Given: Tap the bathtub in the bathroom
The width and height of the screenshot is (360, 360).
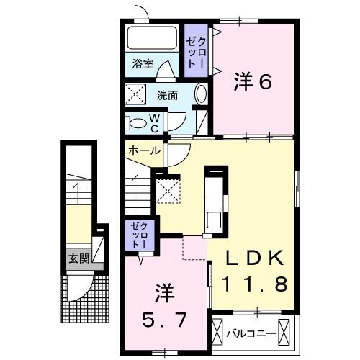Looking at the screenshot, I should coord(152,38).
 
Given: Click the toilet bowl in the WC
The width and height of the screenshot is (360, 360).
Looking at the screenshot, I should coord(137,122).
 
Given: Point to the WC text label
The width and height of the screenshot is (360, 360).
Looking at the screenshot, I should coord(154,122).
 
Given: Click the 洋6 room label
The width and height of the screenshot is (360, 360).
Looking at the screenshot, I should coord(251,83).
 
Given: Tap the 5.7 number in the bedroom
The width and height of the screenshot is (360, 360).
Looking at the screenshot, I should coord(166,317).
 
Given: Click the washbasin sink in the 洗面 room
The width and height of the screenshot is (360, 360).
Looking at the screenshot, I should coord(201,94).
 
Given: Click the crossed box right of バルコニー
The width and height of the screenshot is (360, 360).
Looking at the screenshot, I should coord(287,333).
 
